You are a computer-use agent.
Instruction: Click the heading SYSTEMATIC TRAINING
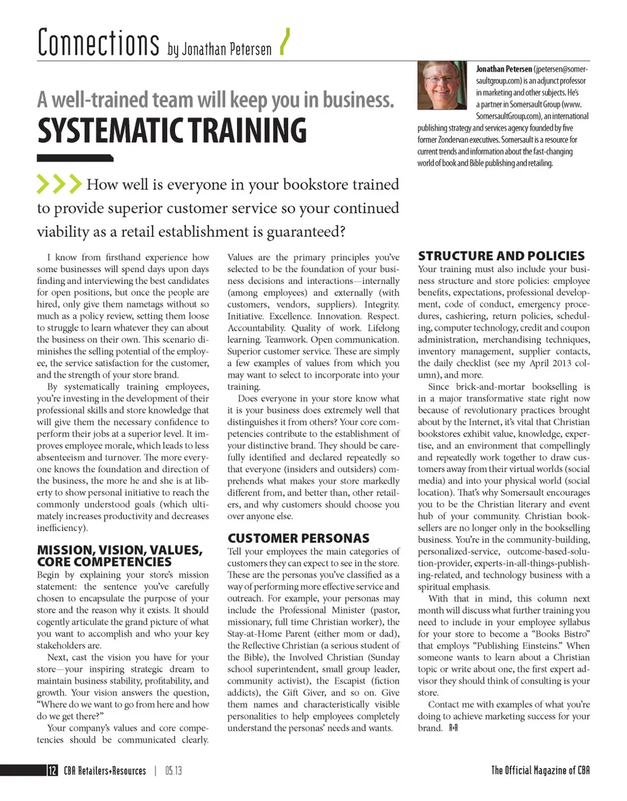pyautogui.click(x=172, y=130)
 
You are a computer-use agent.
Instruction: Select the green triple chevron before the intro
pyautogui.click(x=59, y=185)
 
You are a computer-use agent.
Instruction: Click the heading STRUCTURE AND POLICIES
pyautogui.click(x=501, y=256)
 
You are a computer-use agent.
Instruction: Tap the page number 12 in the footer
pyautogui.click(x=52, y=770)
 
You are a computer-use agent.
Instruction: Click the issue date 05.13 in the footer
pyautogui.click(x=173, y=770)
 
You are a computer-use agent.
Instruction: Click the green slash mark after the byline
pyautogui.click(x=283, y=43)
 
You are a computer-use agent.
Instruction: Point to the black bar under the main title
pyautogui.click(x=74, y=157)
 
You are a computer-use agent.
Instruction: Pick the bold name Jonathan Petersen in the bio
pyautogui.click(x=504, y=68)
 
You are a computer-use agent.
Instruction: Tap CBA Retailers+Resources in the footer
pyautogui.click(x=104, y=770)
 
